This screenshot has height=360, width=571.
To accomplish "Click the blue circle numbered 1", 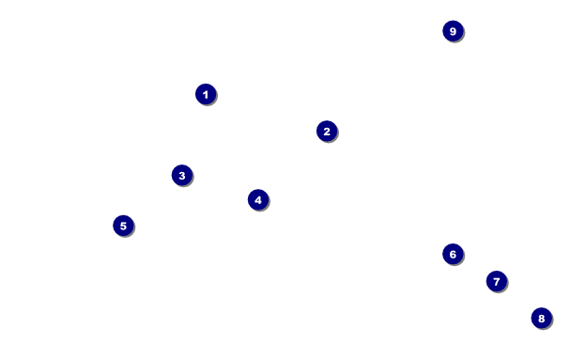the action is tap(206, 94).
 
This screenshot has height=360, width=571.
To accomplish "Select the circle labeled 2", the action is tap(327, 132).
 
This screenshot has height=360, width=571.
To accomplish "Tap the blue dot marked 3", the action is tap(182, 175).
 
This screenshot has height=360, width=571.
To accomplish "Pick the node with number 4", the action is tap(258, 199).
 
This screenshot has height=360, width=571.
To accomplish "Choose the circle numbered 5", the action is tap(123, 226).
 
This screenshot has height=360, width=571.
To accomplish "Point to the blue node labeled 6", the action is tap(453, 254).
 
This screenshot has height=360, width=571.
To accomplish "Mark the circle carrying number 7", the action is tap(497, 281).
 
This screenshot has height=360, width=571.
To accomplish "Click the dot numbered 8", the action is tap(542, 318).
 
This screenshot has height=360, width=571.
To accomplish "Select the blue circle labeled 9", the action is tap(453, 31).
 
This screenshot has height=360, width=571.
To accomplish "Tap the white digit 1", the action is tap(206, 95).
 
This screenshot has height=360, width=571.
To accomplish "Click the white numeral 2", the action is tap(327, 132).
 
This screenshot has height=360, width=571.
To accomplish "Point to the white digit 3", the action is tap(182, 176).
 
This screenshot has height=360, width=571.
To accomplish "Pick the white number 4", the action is tap(258, 200).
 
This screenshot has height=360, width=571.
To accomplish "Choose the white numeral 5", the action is tap(123, 226).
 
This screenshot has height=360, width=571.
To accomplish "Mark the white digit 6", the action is tap(453, 254).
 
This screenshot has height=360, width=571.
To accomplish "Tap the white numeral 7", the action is tap(497, 282).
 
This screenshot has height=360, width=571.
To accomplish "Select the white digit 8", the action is tap(542, 319).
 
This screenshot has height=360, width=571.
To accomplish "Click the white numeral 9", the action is tap(453, 31).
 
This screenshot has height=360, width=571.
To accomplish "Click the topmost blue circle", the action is tap(453, 31).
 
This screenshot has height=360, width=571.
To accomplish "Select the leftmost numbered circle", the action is tap(123, 226).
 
